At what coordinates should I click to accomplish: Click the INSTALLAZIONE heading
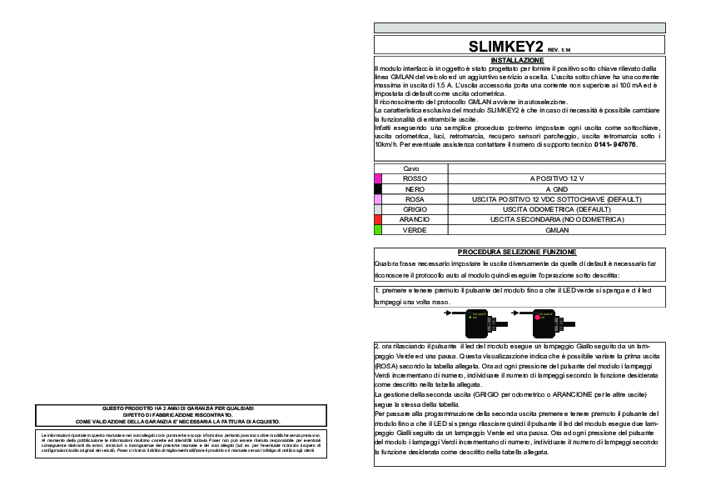coord(518,60)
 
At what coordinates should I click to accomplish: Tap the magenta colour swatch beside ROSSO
coord(378,178)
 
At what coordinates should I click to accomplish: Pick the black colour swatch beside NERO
coord(378,189)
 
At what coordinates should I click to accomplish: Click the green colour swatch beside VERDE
coord(378,228)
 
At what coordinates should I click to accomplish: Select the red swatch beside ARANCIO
coord(378,218)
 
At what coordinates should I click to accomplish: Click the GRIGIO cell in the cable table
coord(415,208)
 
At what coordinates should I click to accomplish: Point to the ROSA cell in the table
coord(415,198)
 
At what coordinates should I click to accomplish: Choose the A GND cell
coord(557,189)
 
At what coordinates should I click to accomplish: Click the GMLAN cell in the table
coord(557,228)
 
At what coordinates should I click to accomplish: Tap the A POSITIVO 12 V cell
coord(557,178)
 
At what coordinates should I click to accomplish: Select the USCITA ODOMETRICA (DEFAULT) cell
coord(557,208)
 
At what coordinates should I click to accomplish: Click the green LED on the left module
coord(472,318)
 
